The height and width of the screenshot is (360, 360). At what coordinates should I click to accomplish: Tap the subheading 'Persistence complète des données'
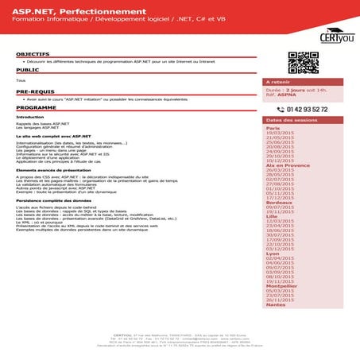(x=52, y=200)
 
